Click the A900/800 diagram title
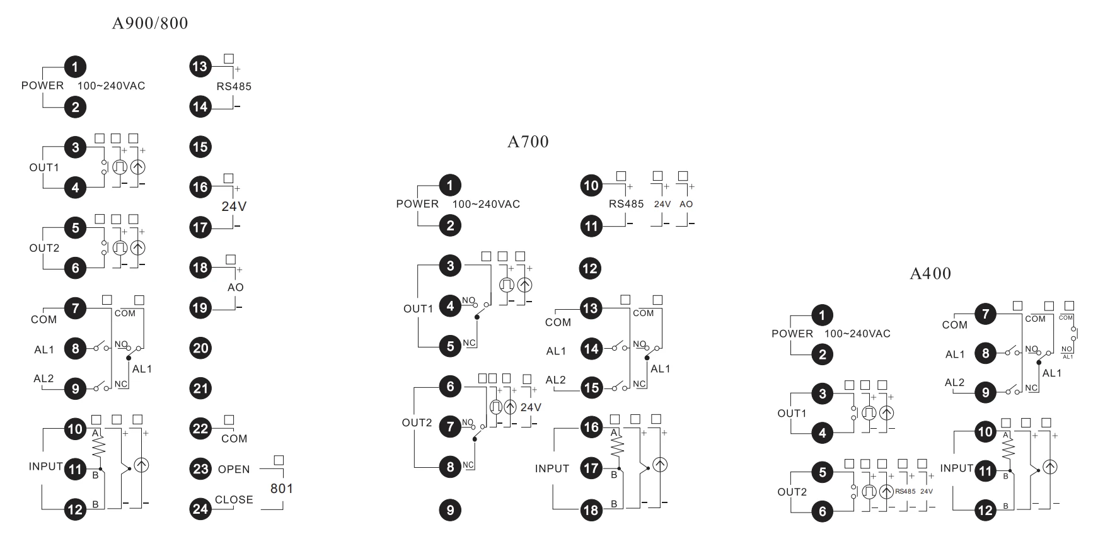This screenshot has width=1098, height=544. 150,23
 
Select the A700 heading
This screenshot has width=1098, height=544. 528,142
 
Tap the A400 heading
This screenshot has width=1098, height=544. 930,273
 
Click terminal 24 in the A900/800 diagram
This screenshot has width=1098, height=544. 200,508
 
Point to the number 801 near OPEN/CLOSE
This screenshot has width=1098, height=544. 282,489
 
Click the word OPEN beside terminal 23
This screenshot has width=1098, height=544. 234,469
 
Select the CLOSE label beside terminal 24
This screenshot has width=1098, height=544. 234,500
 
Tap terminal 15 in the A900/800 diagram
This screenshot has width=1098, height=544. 200,147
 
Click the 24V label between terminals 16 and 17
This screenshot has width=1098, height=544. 234,207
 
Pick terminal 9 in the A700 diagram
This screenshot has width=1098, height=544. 450,510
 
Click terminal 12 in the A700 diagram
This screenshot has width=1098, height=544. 591,269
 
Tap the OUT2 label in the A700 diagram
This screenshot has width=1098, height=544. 417,423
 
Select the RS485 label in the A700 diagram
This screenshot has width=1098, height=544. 626,204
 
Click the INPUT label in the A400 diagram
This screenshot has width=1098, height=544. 956,468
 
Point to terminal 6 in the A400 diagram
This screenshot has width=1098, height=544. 822,511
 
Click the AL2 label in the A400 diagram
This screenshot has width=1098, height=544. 954,383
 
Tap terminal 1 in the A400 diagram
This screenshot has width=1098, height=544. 822,315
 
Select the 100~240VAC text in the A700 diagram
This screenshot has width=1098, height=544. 486,204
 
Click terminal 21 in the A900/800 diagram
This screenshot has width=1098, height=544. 200,388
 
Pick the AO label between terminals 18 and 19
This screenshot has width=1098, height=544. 235,287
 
